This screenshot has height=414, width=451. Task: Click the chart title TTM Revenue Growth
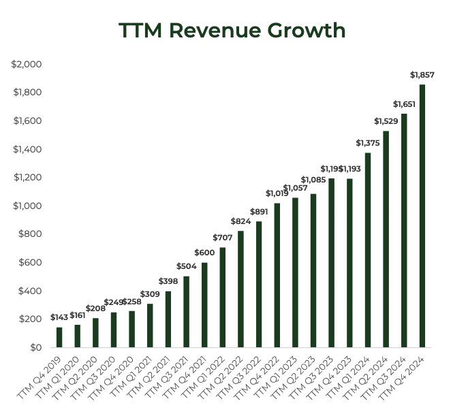coord(232,31)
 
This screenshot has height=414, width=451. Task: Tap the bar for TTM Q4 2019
coord(59,337)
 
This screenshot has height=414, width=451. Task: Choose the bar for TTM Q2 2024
coord(386,239)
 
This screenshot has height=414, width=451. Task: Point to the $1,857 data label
coord(422,75)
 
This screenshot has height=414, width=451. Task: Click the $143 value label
coord(59,318)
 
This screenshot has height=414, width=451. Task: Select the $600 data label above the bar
coord(204,253)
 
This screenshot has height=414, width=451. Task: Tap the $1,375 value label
coord(368,143)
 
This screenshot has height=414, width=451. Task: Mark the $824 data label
coord(241,221)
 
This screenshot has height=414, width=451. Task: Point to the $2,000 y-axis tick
coord(27,64)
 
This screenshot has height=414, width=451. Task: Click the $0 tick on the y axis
coord(36,347)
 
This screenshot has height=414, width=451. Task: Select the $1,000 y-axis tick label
coord(27,206)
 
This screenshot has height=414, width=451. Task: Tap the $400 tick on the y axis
coord(30,291)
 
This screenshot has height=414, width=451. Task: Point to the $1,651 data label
coord(404,104)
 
